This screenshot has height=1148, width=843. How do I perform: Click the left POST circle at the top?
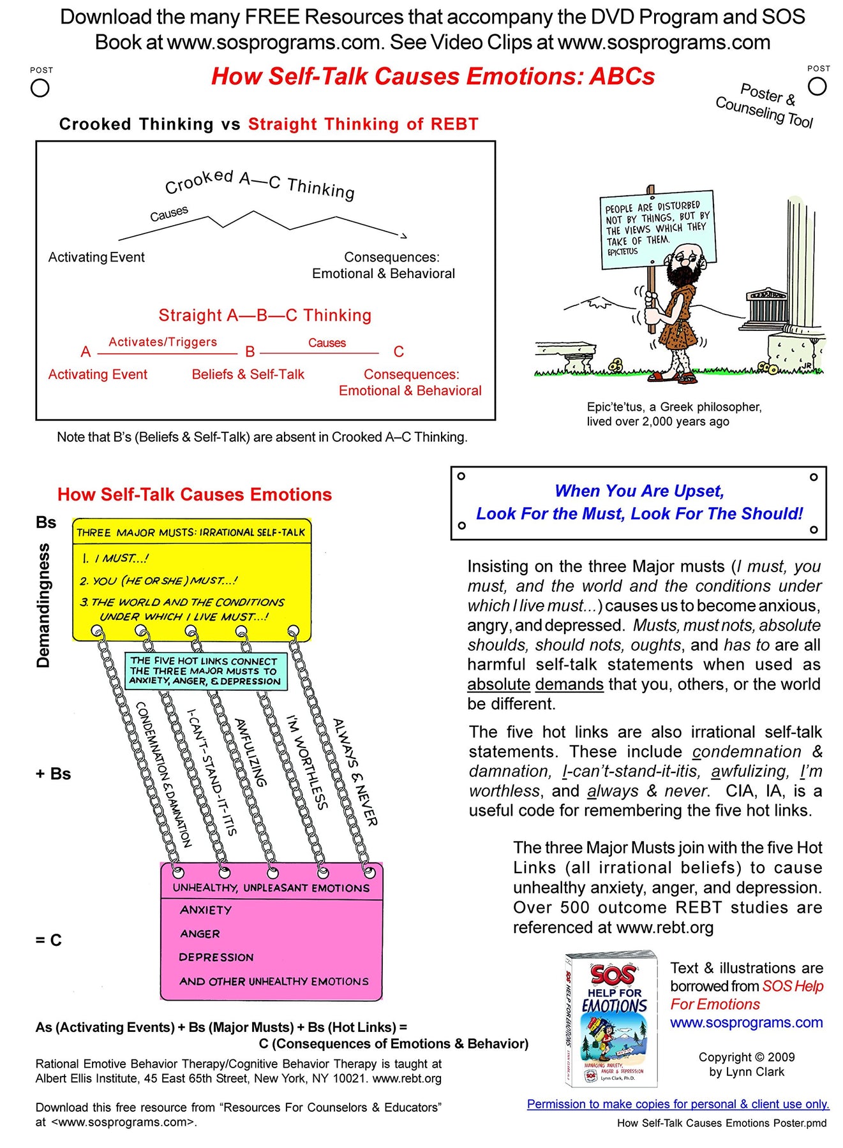click(40, 88)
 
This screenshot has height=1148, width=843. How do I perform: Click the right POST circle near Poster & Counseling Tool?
click(817, 86)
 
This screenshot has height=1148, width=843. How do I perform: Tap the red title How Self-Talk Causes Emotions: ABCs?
click(433, 77)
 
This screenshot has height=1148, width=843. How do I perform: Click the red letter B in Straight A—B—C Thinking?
click(250, 352)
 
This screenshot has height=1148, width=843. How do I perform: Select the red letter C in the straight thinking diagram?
click(399, 352)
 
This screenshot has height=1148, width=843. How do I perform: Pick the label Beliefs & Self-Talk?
click(248, 374)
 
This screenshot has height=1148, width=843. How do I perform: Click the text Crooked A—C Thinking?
click(259, 183)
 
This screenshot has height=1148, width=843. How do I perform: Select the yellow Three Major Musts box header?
click(191, 532)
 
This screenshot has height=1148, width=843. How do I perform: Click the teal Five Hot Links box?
click(205, 671)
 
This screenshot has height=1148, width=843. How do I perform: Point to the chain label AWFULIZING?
click(250, 753)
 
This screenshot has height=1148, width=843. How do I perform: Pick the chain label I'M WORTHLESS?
click(307, 762)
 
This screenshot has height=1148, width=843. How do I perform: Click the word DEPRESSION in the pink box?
click(216, 957)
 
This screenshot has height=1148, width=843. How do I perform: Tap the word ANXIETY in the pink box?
click(205, 910)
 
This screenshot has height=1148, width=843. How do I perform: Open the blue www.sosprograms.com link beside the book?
click(746, 1022)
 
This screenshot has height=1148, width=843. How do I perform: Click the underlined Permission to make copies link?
click(678, 1104)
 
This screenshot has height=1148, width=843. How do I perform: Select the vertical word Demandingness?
click(43, 605)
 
